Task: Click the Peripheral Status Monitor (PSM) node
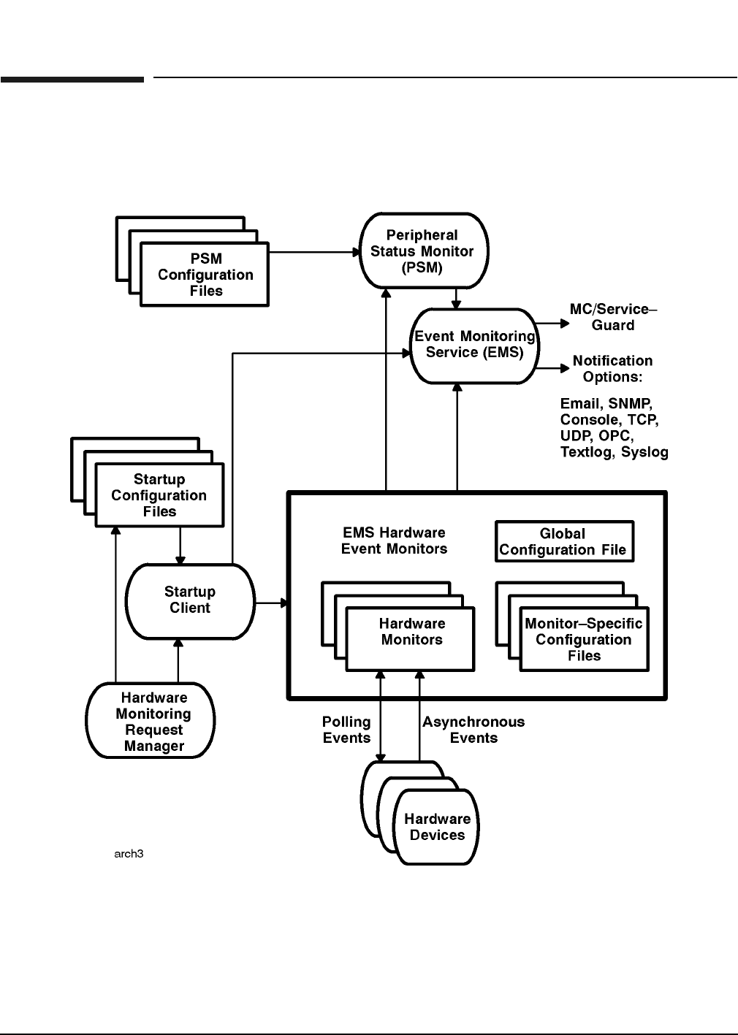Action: (423, 251)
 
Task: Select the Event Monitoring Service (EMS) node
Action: (475, 345)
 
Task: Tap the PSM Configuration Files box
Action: (205, 275)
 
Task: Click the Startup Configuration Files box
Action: (159, 495)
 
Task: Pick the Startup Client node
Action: (190, 600)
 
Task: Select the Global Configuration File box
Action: (563, 542)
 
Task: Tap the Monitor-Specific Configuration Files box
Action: (584, 640)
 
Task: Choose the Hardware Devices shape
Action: (437, 828)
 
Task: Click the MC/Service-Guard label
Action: (613, 317)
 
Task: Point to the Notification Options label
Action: (612, 369)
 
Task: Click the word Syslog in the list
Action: (644, 452)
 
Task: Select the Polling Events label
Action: (346, 730)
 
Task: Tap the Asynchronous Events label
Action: (473, 730)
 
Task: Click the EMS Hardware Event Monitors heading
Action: (394, 541)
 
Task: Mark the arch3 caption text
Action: (129, 854)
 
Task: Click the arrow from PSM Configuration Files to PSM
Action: (314, 252)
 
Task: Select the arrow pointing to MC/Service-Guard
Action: (553, 322)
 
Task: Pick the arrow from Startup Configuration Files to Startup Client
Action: (180, 546)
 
